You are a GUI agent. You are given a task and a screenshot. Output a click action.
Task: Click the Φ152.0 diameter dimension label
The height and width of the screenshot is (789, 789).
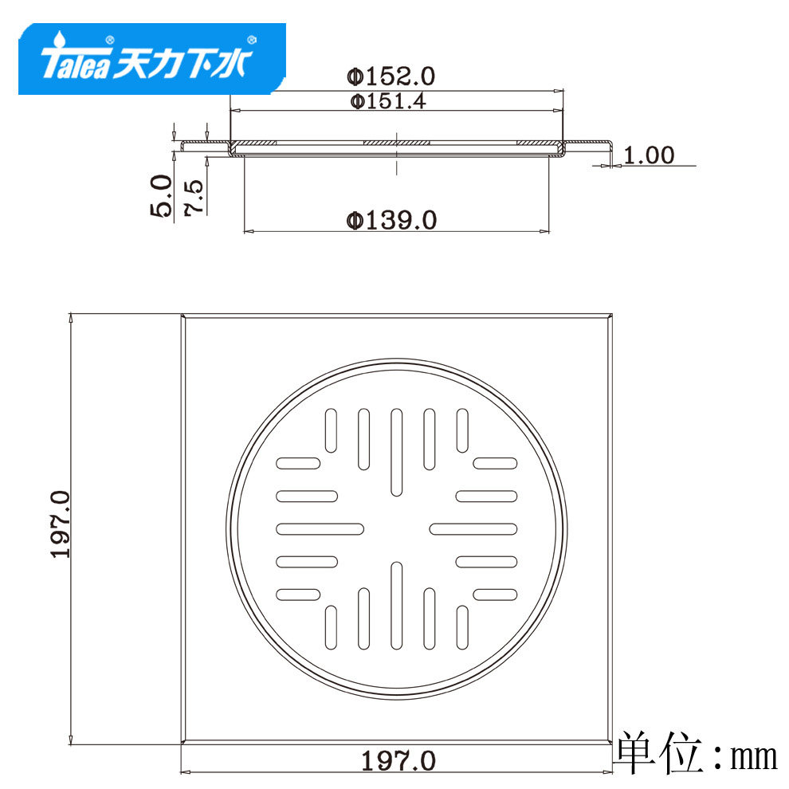391,77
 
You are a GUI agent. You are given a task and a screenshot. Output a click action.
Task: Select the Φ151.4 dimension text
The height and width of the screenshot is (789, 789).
388,102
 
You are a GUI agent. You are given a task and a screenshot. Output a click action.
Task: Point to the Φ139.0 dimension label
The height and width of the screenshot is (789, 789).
391,220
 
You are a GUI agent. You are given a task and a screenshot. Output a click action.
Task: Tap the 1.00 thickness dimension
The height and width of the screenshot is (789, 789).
649,155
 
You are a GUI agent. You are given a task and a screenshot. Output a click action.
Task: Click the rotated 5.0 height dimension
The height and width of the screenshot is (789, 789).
161,196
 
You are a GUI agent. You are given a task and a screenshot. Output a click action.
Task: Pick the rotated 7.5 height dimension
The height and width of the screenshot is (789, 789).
194,198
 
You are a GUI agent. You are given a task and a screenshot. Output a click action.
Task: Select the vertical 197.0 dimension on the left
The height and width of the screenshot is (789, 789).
61,524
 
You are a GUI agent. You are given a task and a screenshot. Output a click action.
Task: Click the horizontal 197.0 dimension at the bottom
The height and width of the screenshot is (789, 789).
398,761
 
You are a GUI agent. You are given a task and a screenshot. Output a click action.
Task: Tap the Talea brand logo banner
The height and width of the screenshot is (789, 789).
152,58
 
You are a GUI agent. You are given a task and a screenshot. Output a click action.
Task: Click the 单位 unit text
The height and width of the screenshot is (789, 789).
660,753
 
